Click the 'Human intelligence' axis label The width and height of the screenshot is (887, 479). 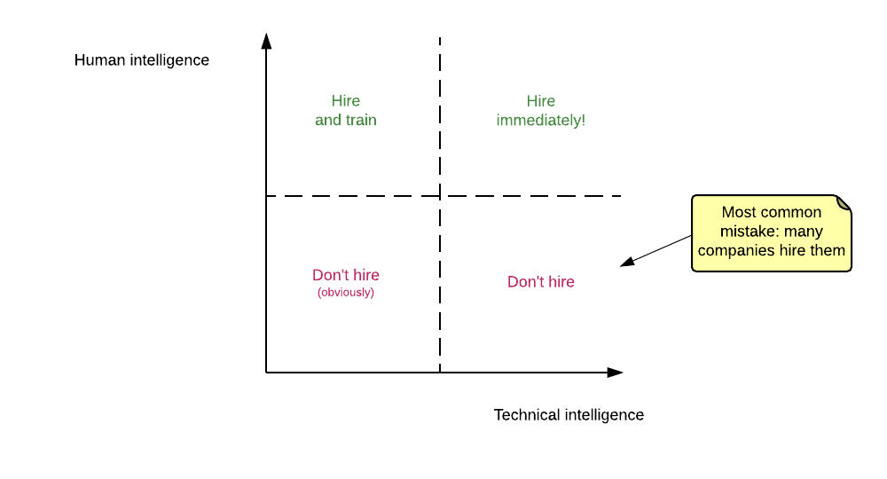click(142, 60)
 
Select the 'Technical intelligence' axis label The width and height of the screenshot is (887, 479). click(569, 414)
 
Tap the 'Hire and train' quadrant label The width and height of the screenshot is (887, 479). click(346, 110)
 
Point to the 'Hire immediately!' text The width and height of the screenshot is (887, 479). click(541, 110)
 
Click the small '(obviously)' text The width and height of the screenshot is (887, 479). click(346, 293)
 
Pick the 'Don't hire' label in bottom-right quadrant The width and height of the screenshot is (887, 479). click(541, 282)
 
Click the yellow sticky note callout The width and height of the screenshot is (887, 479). click(771, 232)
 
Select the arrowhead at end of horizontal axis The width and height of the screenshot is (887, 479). click(616, 373)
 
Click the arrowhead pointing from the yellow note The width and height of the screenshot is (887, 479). click(626, 262)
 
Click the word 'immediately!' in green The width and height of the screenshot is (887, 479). click(541, 120)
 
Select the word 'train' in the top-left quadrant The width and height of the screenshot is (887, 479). click(361, 120)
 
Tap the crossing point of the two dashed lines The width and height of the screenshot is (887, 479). click(440, 195)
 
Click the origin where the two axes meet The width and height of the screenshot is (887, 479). click(266, 373)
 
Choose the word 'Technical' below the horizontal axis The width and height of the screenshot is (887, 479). click(527, 414)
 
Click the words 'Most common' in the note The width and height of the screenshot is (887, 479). click(771, 213)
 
